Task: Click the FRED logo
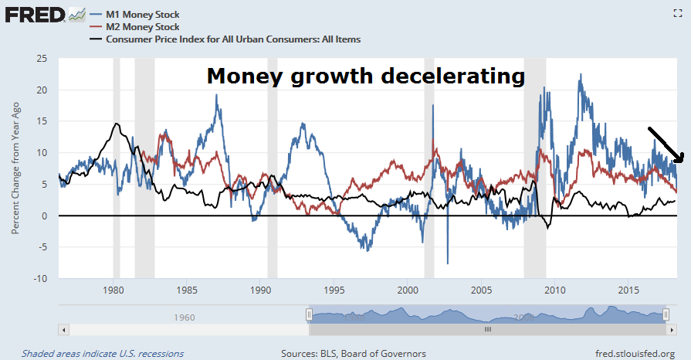(x=35, y=14)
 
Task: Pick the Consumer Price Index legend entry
(x=224, y=39)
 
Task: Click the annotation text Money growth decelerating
(x=365, y=76)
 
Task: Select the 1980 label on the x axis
(x=113, y=290)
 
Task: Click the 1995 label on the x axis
(x=334, y=290)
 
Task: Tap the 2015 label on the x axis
(x=628, y=290)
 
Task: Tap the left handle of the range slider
(x=309, y=314)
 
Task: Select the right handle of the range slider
(x=666, y=314)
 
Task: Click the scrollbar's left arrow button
(x=64, y=329)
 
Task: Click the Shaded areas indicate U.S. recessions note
(x=103, y=354)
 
